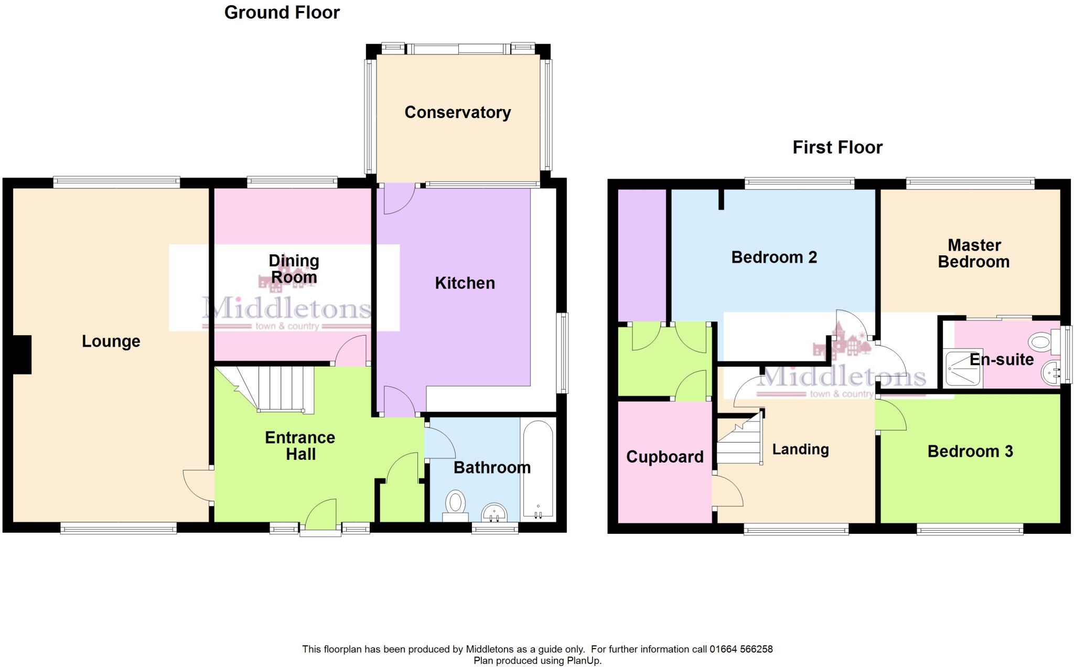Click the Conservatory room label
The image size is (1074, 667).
[x=457, y=112]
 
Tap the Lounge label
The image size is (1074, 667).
[x=111, y=341]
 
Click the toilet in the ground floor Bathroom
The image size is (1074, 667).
[x=455, y=504]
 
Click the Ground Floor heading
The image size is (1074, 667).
[x=282, y=13]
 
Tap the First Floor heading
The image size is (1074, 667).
[x=837, y=147]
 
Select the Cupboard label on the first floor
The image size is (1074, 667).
[x=664, y=457]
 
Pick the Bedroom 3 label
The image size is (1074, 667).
[x=970, y=451]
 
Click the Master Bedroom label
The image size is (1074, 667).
[x=973, y=253]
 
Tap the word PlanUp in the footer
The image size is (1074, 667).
[x=583, y=661]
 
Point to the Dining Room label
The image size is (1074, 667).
[x=294, y=268]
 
